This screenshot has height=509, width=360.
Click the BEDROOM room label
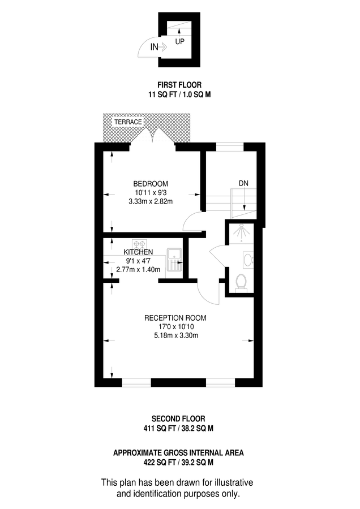coord(151,184)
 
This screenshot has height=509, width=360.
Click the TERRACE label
coord(127,122)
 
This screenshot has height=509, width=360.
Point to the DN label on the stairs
coord(243,183)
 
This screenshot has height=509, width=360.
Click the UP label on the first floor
coord(179,41)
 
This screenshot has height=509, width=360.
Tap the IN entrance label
coord(155,48)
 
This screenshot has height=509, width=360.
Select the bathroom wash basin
coord(247,260)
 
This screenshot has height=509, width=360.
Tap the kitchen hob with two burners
coord(139,243)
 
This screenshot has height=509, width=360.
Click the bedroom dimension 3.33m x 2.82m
coord(151,201)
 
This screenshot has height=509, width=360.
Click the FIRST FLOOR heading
coord(179,85)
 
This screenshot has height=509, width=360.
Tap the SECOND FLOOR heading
coord(179,419)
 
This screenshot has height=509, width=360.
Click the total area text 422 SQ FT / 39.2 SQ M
coord(179,462)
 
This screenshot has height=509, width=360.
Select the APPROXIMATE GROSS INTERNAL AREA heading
coord(179,452)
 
